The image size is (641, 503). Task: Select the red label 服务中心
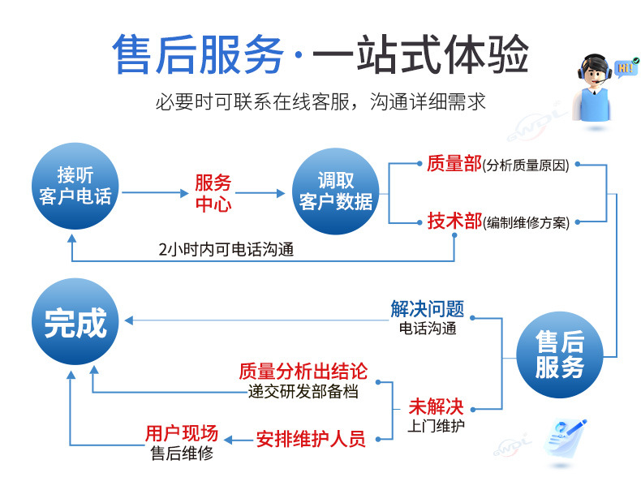[213, 193]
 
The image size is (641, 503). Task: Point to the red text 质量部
[454, 164]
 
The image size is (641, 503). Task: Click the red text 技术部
[454, 221]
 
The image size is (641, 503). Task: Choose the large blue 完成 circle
[75, 322]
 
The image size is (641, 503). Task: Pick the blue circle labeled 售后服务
[559, 355]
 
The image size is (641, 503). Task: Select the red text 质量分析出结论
[303, 372]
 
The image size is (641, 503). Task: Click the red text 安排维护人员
[311, 439]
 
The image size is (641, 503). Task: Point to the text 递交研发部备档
[303, 391]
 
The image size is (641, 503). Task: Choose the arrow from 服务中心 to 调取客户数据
[263, 193]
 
